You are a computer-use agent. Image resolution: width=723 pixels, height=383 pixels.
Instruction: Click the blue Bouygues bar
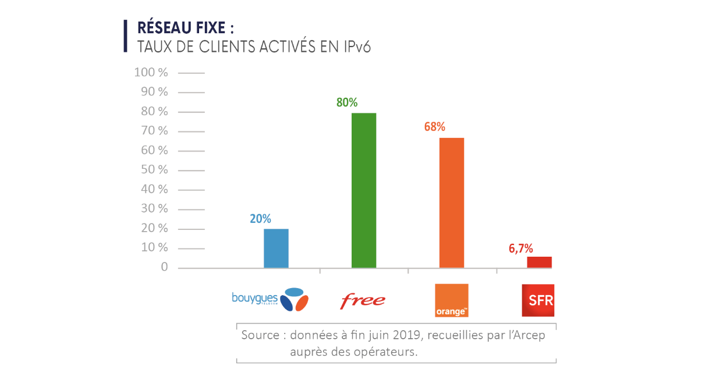tap(276, 249)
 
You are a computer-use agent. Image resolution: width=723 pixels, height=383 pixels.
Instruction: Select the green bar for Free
tap(364, 190)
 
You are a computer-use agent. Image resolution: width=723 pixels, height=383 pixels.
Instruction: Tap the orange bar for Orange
tap(452, 203)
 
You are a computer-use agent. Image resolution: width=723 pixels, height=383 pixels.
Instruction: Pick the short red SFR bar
tap(539, 262)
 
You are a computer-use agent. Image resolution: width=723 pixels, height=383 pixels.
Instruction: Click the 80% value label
tap(347, 102)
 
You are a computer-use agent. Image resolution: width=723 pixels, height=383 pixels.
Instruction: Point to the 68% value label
tap(434, 126)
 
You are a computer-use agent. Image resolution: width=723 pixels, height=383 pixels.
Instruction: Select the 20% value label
tap(260, 219)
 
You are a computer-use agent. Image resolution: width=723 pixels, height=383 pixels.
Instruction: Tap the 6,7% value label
tap(520, 249)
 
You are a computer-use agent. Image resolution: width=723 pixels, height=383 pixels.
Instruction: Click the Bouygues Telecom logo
tap(270, 299)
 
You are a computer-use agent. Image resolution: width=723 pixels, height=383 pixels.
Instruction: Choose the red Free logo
tap(362, 300)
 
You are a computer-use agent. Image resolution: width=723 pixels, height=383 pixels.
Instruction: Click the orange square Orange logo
tap(452, 300)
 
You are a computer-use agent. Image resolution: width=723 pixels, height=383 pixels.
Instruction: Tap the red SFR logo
tap(538, 300)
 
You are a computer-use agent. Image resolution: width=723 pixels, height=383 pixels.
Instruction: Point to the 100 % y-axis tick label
tap(151, 73)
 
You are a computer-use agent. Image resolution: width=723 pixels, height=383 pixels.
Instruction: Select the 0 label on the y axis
tap(165, 267)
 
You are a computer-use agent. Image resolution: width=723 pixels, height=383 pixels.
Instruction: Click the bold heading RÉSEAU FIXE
tap(185, 29)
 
